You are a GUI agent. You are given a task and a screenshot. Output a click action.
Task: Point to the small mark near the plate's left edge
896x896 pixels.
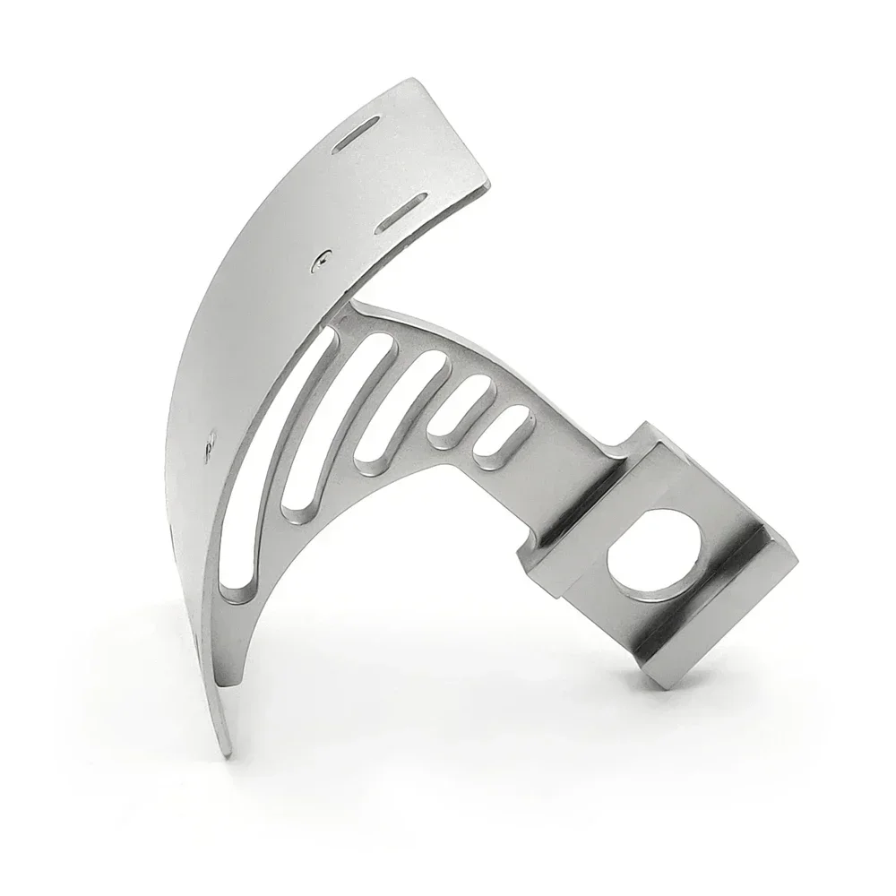[211, 441]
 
